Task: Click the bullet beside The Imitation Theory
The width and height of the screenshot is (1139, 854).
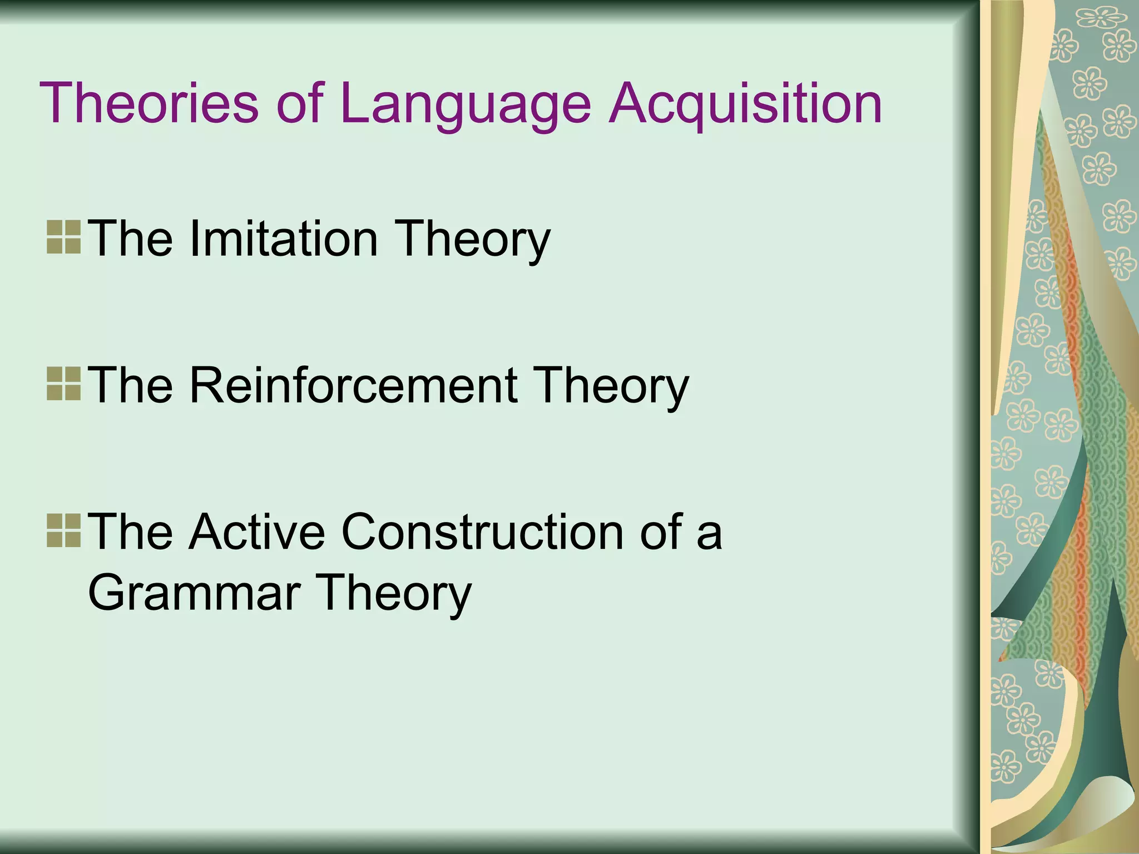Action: click(x=64, y=237)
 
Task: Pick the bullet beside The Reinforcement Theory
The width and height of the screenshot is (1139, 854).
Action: click(x=64, y=384)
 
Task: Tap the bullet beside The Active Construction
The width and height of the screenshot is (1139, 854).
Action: click(x=64, y=531)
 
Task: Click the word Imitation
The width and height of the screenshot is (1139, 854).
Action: click(x=284, y=239)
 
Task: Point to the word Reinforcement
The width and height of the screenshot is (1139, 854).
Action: click(x=354, y=385)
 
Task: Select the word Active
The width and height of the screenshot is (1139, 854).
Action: click(x=256, y=532)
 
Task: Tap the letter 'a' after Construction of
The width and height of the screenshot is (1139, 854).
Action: click(x=710, y=533)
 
